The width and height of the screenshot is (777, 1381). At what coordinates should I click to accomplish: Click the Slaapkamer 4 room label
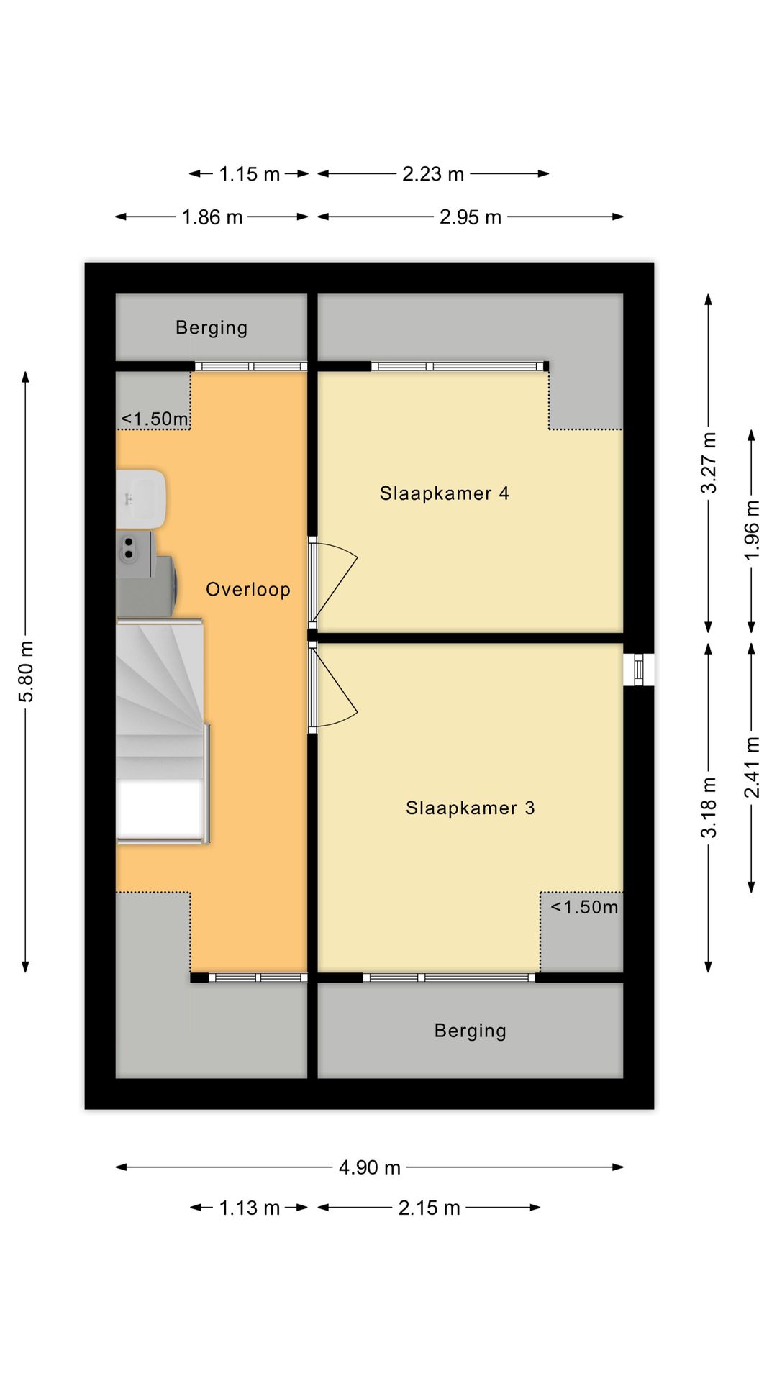(x=444, y=493)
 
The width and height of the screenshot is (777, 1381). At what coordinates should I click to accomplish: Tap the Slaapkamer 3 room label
(x=470, y=808)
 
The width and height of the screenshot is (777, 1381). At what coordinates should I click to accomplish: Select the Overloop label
(x=248, y=590)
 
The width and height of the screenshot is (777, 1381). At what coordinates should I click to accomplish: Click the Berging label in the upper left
(x=212, y=328)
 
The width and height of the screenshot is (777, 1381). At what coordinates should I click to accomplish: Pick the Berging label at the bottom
(x=471, y=1031)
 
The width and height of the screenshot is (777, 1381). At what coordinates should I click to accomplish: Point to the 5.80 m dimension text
(x=27, y=672)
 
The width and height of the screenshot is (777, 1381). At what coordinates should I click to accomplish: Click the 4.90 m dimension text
(x=370, y=1167)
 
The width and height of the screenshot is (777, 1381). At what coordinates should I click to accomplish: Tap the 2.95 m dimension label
(x=471, y=217)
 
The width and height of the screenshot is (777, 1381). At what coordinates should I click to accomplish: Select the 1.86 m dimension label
(x=212, y=217)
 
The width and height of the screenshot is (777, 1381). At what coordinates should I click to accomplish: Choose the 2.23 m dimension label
(x=433, y=174)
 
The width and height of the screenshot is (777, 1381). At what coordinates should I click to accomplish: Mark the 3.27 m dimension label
(x=709, y=462)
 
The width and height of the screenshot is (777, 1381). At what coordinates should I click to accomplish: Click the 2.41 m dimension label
(x=752, y=767)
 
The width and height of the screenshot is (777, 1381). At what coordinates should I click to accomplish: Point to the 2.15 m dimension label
(x=430, y=1208)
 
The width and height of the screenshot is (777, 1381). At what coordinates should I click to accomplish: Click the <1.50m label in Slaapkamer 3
(x=584, y=907)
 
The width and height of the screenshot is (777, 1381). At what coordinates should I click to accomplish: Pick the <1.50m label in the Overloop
(x=155, y=419)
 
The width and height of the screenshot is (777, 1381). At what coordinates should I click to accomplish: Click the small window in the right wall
(x=639, y=670)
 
